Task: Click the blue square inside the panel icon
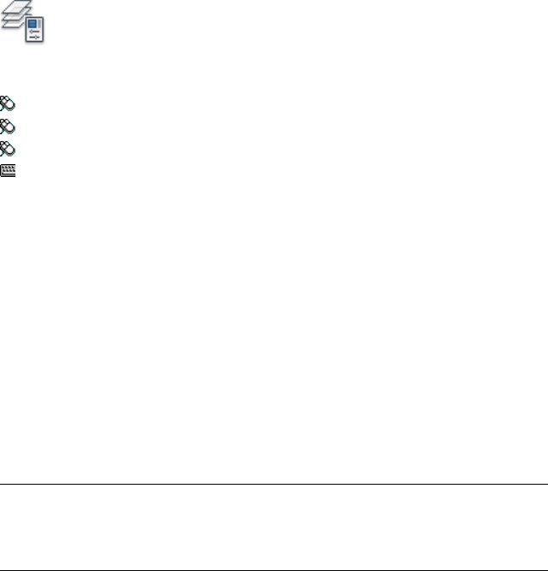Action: point(33,25)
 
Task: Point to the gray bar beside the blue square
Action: point(39,25)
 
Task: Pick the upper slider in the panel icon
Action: point(36,32)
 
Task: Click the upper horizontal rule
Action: point(274,485)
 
